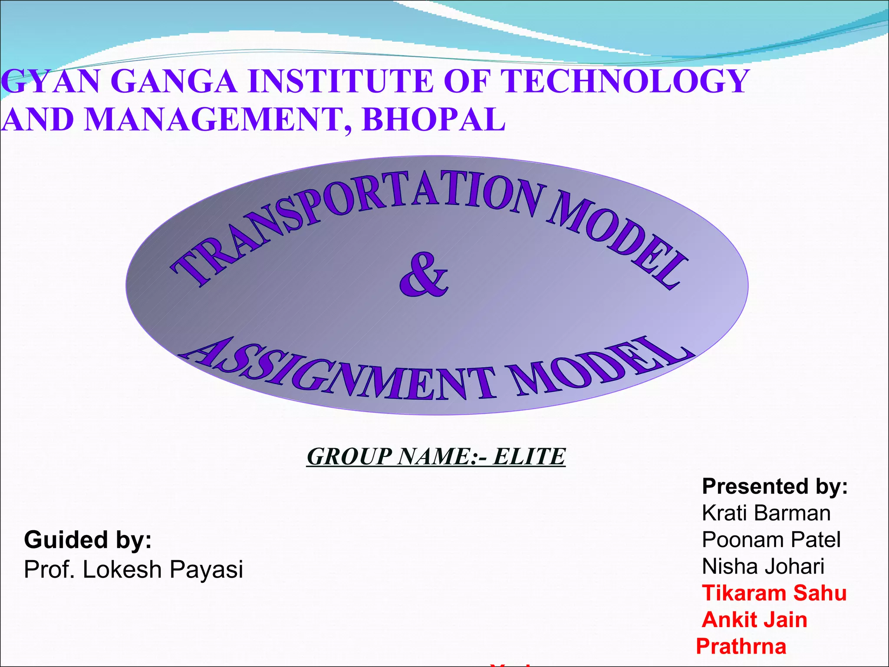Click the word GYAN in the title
[52, 81]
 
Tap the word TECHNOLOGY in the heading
[625, 81]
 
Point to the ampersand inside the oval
[423, 276]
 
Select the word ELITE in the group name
[529, 457]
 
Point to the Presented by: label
[775, 486]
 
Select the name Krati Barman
[766, 513]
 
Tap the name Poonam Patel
[771, 540]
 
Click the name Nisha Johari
[763, 567]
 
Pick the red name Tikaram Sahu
[774, 593]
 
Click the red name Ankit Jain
[754, 620]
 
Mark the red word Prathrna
[741, 647]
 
